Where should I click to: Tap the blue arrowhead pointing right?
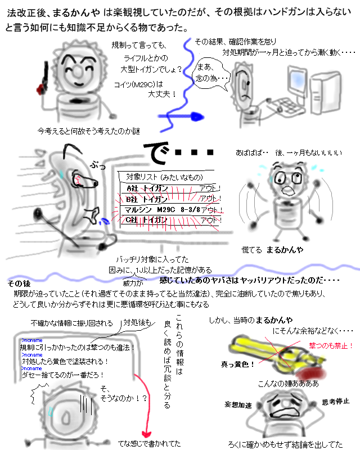pos(196,116)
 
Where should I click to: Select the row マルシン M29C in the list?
pos(172,210)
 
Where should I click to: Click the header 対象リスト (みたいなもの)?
pos(160,177)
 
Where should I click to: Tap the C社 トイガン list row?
pos(172,220)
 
